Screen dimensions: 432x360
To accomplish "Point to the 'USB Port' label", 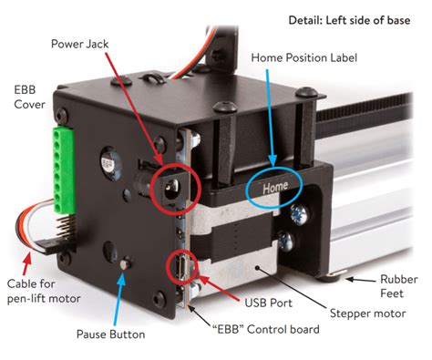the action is coord(267,301).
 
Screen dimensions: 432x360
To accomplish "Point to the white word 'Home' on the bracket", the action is coord(275,189).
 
